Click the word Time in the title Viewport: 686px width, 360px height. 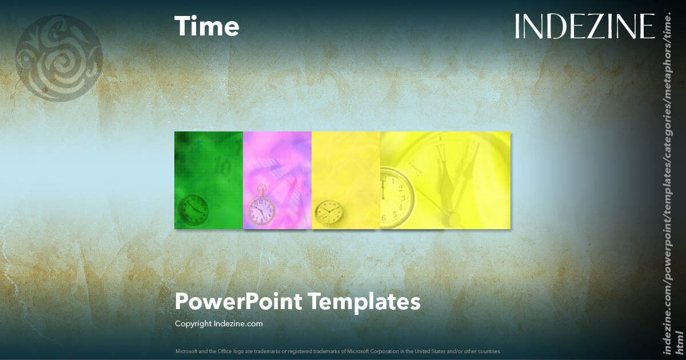coord(206,27)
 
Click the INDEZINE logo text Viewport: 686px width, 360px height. coord(584,27)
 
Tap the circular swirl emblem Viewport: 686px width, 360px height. coord(58,58)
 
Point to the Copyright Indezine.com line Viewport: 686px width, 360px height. coord(218,323)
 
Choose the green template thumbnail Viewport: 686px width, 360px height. coord(209,180)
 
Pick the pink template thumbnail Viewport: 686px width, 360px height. coord(277,180)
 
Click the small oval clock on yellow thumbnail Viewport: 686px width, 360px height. coord(329,211)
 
